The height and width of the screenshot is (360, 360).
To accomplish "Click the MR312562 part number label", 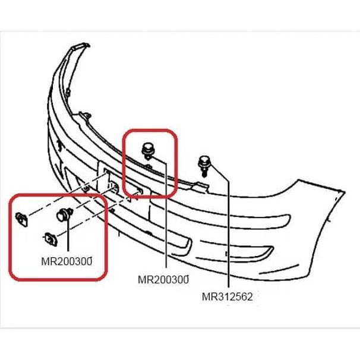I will click(228, 296).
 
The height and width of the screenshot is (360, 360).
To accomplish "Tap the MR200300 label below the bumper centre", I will click(163, 279).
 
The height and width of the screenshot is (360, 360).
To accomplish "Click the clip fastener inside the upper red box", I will click(147, 150).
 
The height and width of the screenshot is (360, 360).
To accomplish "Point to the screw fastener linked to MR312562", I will click(204, 163).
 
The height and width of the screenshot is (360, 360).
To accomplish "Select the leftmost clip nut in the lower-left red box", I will click(23, 219).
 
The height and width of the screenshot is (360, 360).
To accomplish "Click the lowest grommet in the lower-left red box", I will click(49, 239).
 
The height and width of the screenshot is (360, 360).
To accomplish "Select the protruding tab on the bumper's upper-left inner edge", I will click(87, 114).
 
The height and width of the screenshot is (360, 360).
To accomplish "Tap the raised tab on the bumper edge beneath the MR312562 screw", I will click(202, 188).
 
